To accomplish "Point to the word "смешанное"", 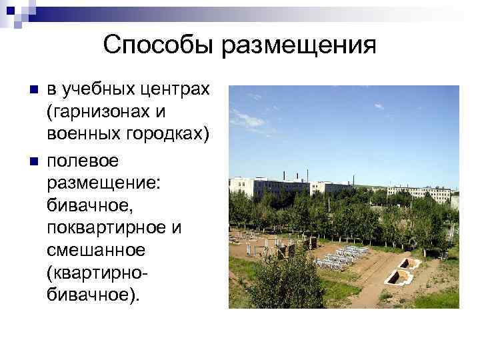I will coord(95,251).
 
